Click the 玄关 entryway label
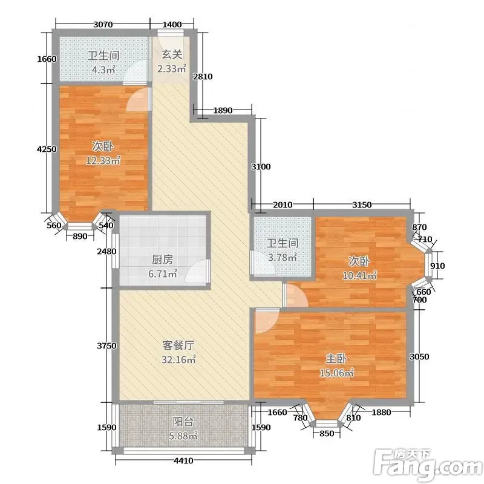click(172, 54)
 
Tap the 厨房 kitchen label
click(162, 260)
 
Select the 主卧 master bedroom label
click(336, 358)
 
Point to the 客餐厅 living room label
click(178, 345)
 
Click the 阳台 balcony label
click(183, 421)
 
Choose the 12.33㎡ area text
click(103, 160)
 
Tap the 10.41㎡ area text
click(359, 275)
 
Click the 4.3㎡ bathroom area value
click(103, 70)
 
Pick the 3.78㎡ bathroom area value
click(282, 257)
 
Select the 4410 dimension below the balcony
click(183, 461)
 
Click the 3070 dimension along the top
click(103, 24)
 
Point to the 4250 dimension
click(47, 149)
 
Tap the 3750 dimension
click(106, 345)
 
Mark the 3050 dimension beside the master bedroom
click(419, 356)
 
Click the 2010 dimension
click(283, 204)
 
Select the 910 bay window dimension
click(437, 266)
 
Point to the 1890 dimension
click(223, 110)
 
